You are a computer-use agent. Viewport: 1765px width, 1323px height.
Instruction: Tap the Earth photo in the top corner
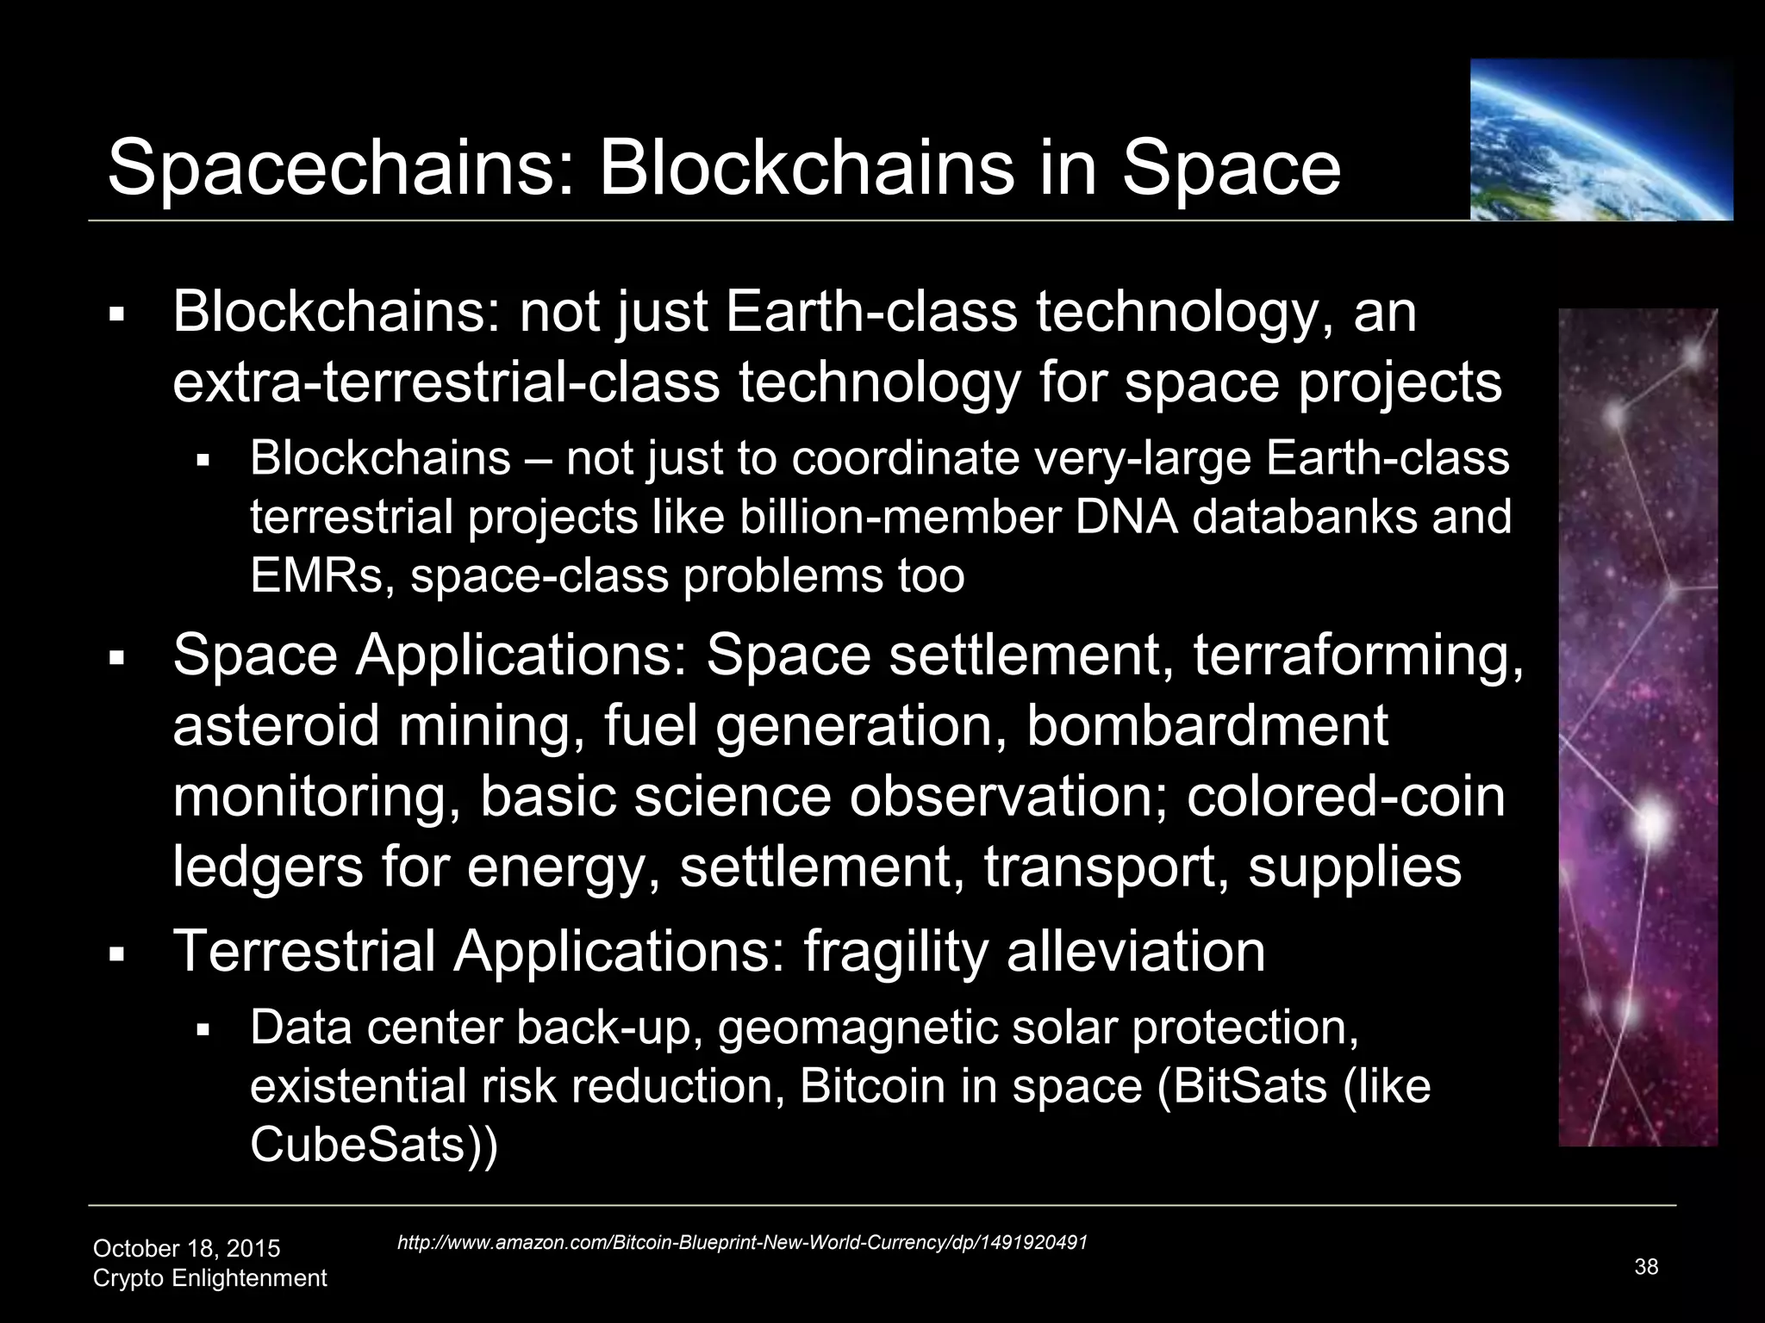click(1600, 140)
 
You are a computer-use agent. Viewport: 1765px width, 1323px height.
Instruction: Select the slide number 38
click(1646, 1266)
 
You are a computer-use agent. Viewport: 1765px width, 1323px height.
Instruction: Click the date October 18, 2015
click(186, 1248)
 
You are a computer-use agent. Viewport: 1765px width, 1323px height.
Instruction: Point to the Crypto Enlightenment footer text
click(209, 1277)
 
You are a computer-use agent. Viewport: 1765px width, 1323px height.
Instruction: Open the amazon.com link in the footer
click(742, 1242)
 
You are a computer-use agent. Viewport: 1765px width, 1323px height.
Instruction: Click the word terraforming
click(1357, 655)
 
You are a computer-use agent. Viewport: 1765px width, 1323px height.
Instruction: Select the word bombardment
click(1207, 725)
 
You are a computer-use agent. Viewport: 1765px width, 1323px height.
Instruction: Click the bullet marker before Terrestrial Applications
click(118, 954)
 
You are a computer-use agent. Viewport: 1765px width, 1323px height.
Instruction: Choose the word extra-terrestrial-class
click(446, 382)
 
